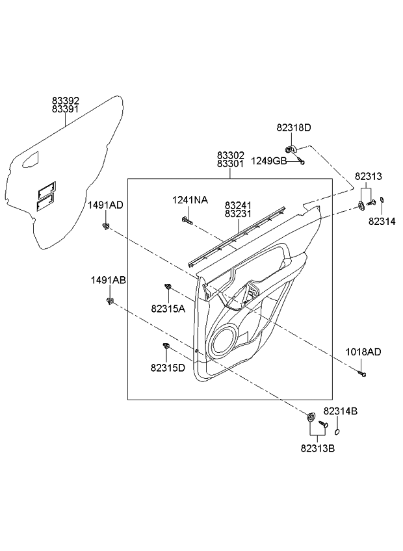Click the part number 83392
[x=66, y=101]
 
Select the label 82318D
[x=294, y=129]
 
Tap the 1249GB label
[x=269, y=160]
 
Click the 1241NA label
[x=190, y=200]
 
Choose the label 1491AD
[x=106, y=205]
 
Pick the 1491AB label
[x=108, y=280]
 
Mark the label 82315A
[x=168, y=309]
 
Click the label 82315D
[x=168, y=368]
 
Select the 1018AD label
[x=364, y=352]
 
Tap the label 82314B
[x=341, y=411]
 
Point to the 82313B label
[x=318, y=448]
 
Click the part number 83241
[x=239, y=204]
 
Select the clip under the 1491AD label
[x=105, y=226]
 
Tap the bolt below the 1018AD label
[x=363, y=374]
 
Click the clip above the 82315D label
[x=166, y=346]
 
